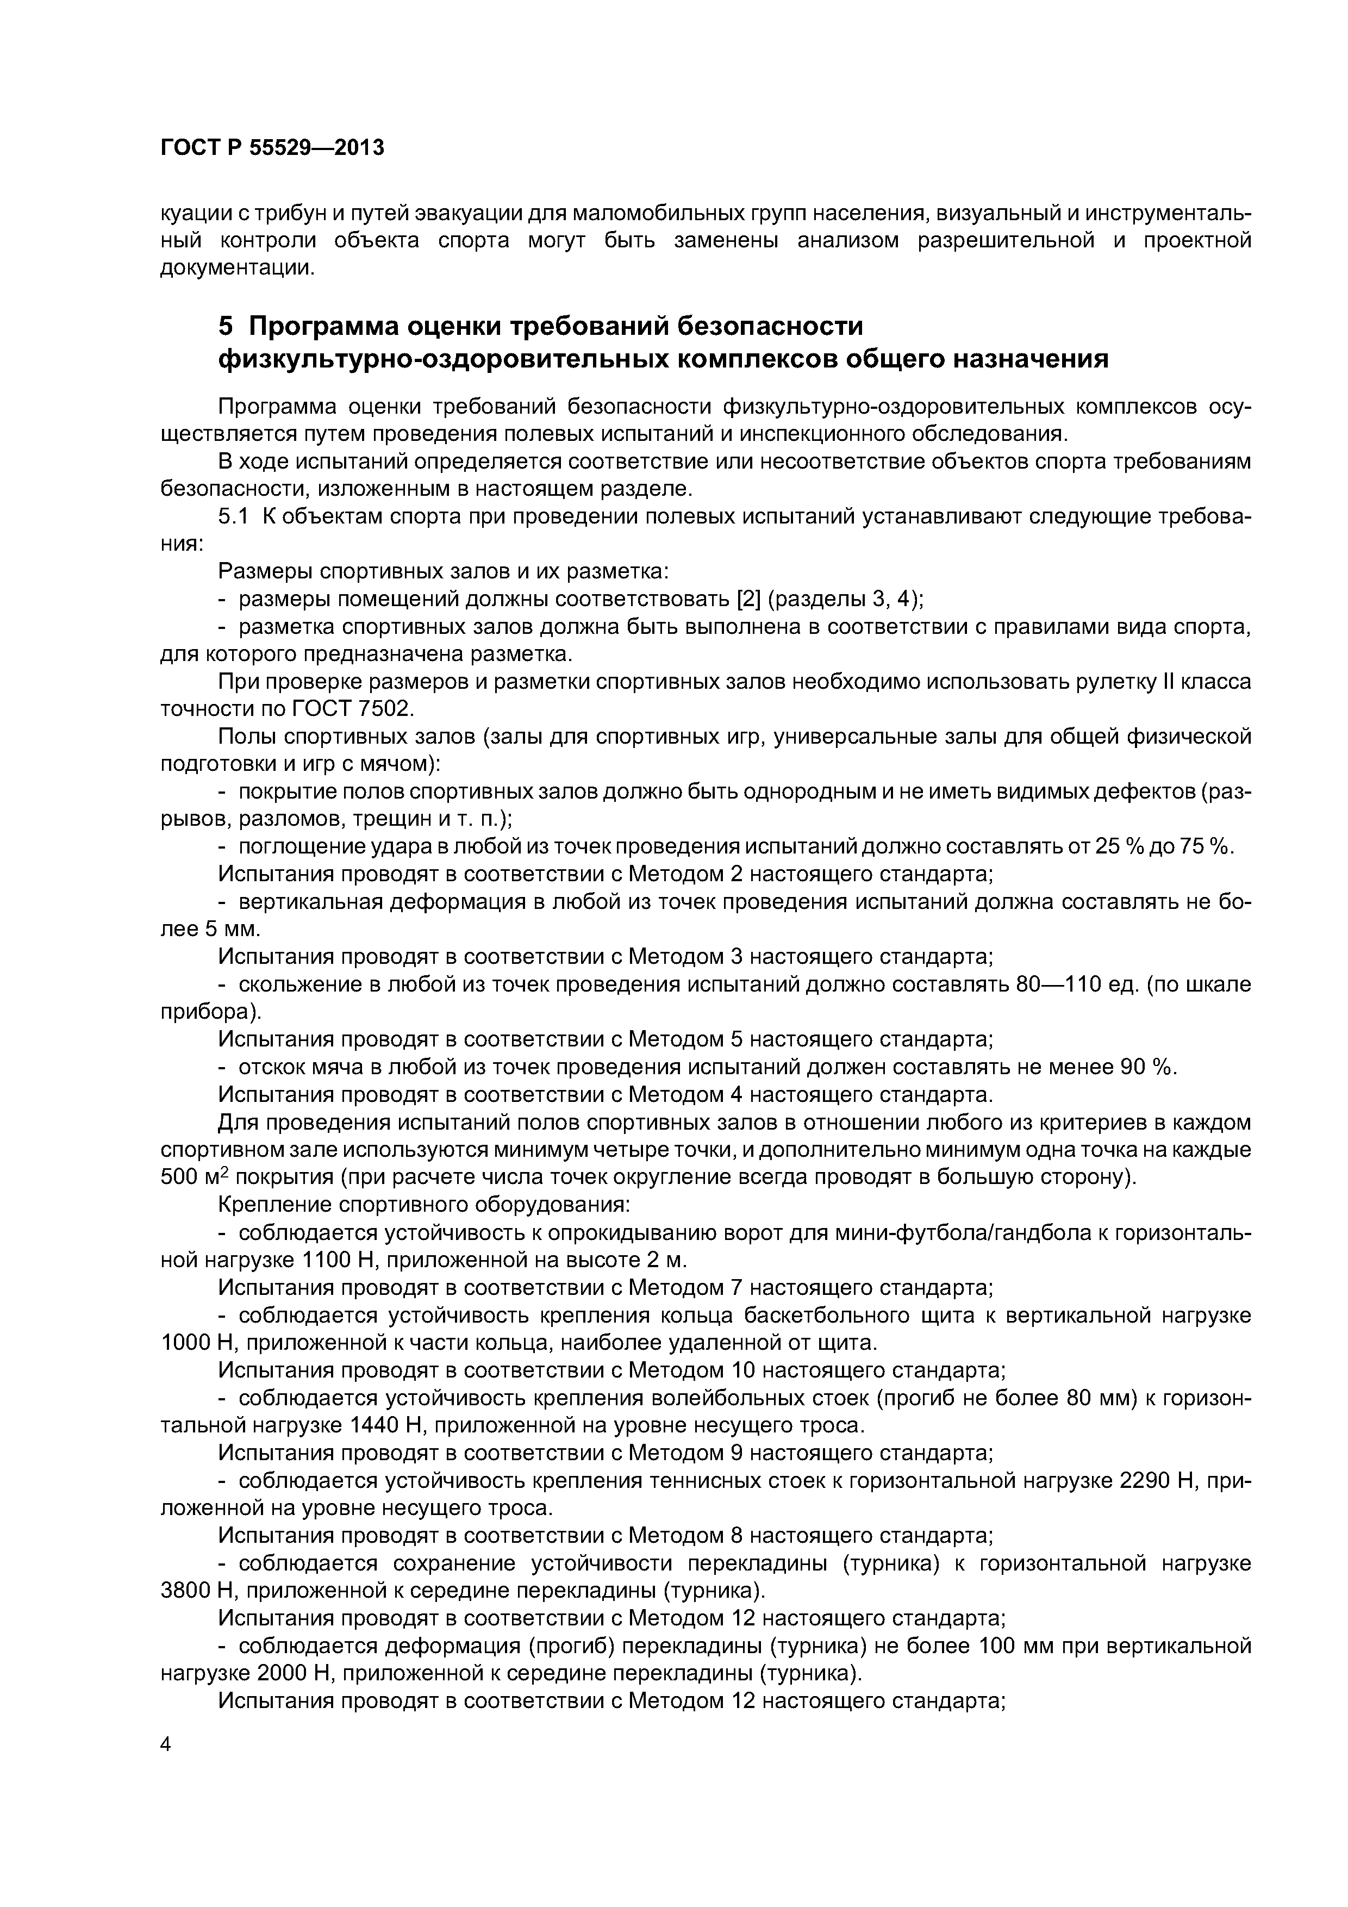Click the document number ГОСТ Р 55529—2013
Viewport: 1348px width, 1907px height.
point(272,148)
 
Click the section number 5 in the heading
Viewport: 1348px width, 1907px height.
point(224,326)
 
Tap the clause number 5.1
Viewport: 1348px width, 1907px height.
point(233,516)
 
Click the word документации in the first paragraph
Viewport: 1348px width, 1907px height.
point(236,269)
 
